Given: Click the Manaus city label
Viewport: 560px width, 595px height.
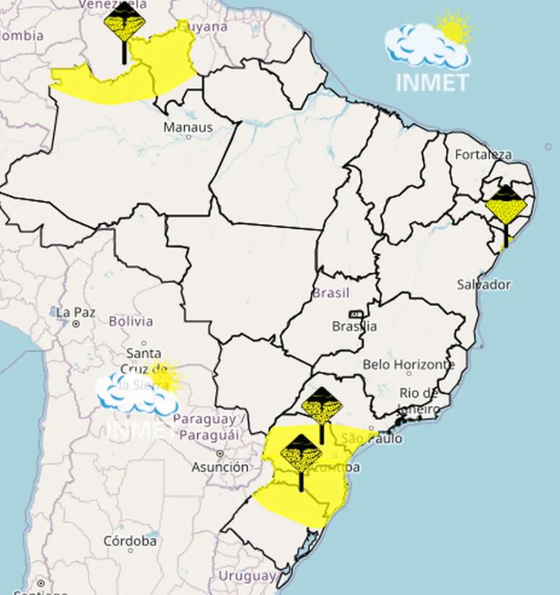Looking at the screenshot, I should (188, 128).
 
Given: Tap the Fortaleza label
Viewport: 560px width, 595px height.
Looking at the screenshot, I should (483, 155).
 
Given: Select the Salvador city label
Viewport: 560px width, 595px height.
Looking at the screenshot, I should (484, 285).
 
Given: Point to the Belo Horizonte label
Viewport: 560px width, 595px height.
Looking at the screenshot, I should (408, 365).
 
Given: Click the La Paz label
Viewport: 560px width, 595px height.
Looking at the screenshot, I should (76, 313).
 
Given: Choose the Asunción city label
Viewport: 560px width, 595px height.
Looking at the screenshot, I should (220, 467).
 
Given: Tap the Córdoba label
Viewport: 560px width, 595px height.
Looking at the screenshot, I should (130, 540).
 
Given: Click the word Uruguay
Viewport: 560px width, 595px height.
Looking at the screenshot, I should (247, 576).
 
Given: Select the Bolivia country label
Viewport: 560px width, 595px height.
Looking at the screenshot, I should (131, 321).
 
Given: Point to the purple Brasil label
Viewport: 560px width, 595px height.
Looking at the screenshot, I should (331, 293).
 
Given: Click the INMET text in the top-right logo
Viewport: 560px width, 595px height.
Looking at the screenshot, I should (432, 83).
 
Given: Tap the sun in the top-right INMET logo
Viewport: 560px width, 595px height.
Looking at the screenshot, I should (455, 29).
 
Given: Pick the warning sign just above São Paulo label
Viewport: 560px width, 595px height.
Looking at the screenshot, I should (321, 408).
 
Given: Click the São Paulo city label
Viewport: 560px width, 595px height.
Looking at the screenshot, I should (372, 438).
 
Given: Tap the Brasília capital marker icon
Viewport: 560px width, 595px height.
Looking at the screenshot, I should (356, 315).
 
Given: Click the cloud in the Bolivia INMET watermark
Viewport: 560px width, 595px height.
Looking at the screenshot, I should (134, 394).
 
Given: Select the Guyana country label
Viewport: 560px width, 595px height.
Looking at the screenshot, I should (206, 27).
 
